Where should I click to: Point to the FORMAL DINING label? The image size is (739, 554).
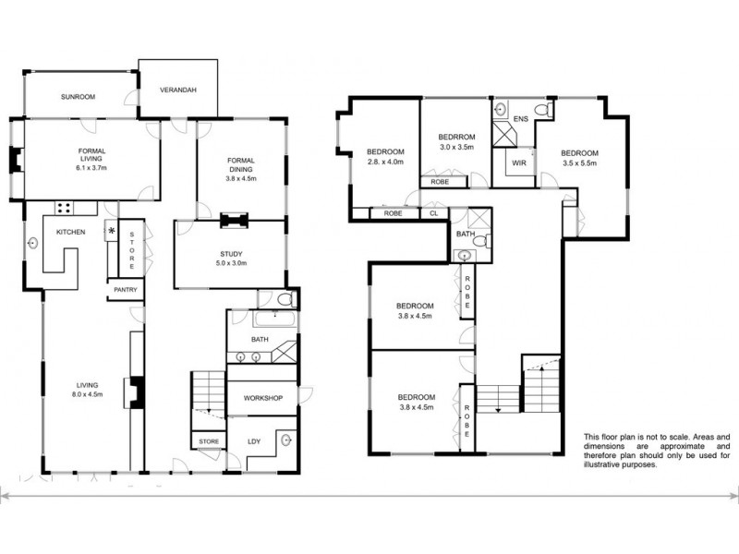coord(241,165)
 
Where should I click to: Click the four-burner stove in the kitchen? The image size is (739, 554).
coord(66,208)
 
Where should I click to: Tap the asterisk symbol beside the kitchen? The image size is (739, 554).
coord(112,231)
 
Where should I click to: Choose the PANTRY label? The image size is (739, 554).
coord(125,289)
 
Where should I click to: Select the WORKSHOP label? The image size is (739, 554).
coord(262,398)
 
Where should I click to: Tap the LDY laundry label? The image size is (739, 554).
coord(254,441)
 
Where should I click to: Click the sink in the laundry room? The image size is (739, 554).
coord(288,440)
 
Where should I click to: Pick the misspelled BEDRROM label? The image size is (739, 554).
coord(455,137)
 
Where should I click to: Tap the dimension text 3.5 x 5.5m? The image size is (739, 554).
coord(579,163)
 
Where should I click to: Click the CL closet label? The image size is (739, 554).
coord(433,213)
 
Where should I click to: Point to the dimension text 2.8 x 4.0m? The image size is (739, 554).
coord(385,162)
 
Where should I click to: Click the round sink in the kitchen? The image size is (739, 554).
coord(34,244)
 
